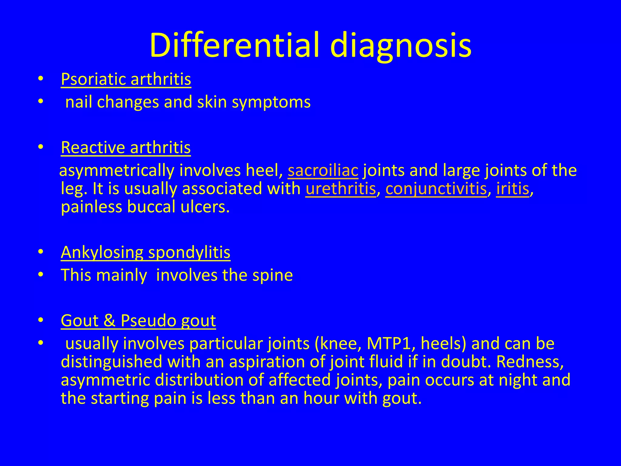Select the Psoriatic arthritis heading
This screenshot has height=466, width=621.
[126, 79]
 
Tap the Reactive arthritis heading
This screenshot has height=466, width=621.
[126, 147]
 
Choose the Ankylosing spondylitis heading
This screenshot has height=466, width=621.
[146, 252]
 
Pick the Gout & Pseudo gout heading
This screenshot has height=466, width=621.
[138, 320]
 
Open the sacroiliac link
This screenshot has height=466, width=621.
[323, 170]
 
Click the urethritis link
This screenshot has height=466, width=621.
[341, 189]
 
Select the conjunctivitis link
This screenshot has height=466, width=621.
[436, 189]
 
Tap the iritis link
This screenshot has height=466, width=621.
[512, 189]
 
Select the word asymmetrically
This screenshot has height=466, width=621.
[117, 171]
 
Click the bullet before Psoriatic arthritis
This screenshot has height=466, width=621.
[41, 79]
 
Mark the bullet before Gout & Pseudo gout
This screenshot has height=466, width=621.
[41, 320]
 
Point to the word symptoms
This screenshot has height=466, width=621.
[271, 102]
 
